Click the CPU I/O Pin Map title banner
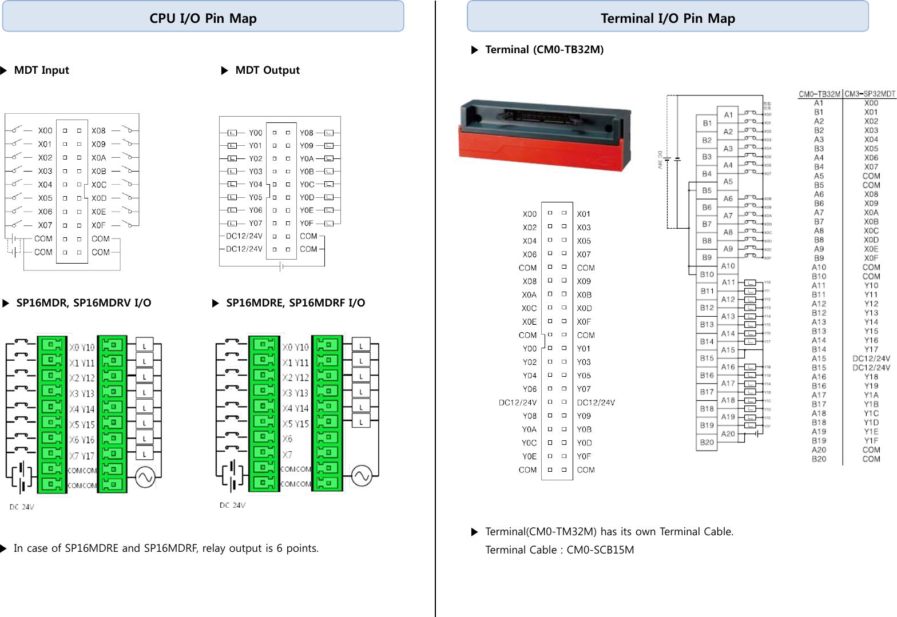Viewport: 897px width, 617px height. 203,18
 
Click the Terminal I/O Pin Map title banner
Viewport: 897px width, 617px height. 668,18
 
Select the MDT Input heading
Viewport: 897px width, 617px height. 41,70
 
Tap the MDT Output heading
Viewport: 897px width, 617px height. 267,70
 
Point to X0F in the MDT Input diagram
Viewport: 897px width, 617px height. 98,225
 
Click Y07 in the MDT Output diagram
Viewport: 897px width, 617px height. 256,224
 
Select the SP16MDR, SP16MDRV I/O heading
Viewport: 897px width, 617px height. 84,303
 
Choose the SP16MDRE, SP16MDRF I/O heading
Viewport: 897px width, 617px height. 295,303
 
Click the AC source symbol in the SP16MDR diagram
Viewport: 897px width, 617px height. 145,477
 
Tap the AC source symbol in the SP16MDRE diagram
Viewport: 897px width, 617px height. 362,475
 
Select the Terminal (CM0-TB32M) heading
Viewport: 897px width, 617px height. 544,50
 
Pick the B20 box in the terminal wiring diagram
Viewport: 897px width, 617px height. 707,442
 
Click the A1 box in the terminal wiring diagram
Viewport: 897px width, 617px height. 728,115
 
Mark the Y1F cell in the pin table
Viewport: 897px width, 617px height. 871,441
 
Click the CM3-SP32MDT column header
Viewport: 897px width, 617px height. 870,94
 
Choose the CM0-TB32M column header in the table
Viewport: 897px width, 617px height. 819,94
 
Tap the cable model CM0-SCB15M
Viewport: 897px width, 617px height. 600,550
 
